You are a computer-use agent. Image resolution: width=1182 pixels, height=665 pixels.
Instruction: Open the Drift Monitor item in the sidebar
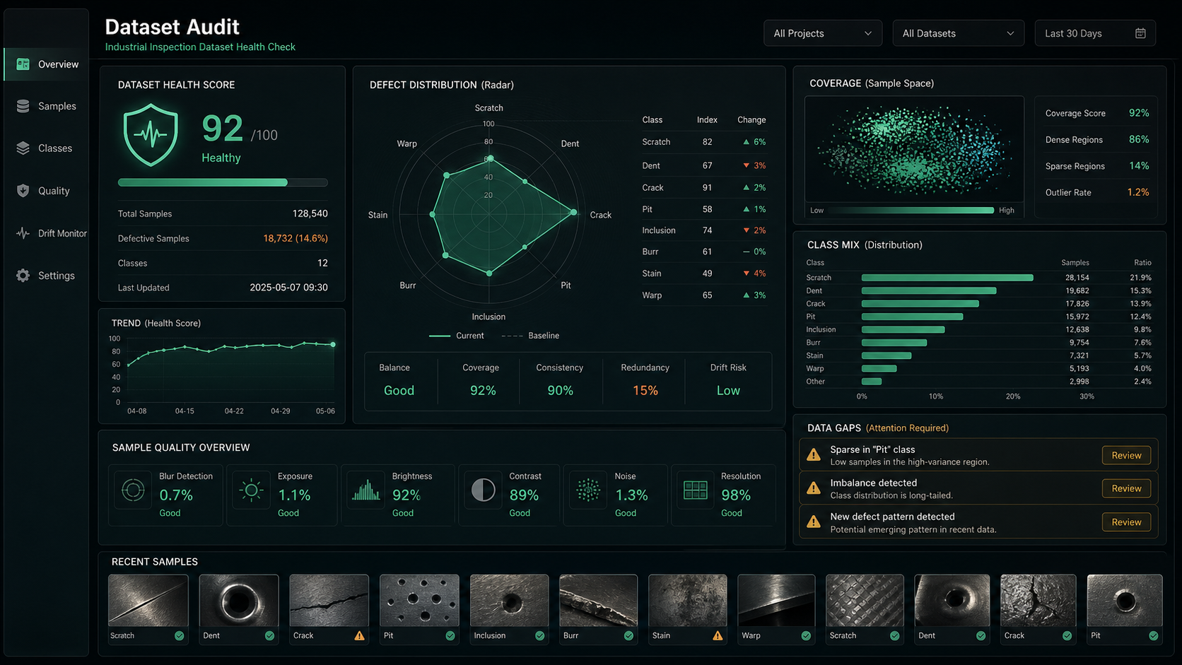click(x=51, y=233)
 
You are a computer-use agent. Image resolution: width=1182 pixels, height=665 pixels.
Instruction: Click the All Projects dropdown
click(x=823, y=33)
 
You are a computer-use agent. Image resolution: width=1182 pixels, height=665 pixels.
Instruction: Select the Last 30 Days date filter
click(x=1095, y=33)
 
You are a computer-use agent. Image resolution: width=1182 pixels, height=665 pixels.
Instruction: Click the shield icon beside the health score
click(x=151, y=135)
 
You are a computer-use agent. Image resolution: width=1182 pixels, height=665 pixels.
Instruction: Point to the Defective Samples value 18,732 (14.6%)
click(x=295, y=238)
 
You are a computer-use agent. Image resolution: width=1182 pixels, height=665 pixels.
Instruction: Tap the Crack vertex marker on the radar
click(x=574, y=213)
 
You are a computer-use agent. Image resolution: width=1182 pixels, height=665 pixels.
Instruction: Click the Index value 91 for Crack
click(x=707, y=187)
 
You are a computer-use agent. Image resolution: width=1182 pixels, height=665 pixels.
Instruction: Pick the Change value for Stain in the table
click(x=754, y=273)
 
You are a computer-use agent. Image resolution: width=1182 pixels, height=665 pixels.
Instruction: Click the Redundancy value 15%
click(x=645, y=390)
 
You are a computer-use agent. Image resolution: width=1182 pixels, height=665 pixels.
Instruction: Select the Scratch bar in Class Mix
click(x=947, y=278)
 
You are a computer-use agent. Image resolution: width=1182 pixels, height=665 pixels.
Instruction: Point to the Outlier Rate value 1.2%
click(x=1137, y=192)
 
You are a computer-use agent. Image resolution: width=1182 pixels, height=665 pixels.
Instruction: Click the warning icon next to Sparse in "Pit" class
click(x=814, y=454)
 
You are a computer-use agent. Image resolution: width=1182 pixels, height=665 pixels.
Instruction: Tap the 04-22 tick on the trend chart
click(x=234, y=411)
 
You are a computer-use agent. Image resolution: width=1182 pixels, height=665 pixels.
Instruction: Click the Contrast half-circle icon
click(x=483, y=490)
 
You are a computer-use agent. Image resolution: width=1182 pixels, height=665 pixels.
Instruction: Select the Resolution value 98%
click(x=736, y=495)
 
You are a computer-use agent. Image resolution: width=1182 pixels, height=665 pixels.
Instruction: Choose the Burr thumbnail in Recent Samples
click(x=598, y=600)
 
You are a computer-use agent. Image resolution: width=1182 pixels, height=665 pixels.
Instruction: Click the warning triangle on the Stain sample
click(x=718, y=635)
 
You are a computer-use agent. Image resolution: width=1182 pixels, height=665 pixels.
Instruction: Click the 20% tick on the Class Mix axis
click(x=1012, y=396)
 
